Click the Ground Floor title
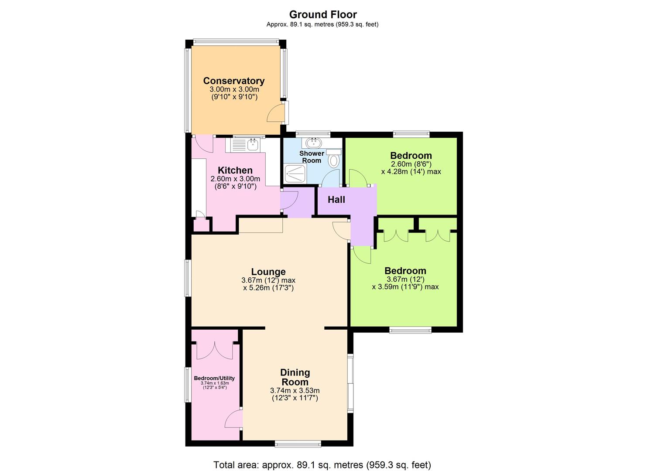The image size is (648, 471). pos(323,14)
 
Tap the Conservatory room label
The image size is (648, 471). pos(234,81)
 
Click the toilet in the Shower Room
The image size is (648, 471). pos(334,159)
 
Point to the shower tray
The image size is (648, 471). pos(295,174)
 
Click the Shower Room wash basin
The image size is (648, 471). pos(313,143)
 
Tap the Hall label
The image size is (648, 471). pos(336,199)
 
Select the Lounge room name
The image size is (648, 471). pos(268,272)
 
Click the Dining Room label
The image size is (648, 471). pos(295,377)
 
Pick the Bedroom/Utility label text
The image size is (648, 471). pos(214,378)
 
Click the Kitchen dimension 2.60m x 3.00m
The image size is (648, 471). pos(235,179)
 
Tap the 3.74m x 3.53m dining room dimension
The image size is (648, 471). pos(295,390)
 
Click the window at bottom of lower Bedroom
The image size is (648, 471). pos(410,330)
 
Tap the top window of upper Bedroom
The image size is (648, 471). pos(411,134)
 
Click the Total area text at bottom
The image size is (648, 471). pos(322,464)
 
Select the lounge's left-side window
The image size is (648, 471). pos(188,278)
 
